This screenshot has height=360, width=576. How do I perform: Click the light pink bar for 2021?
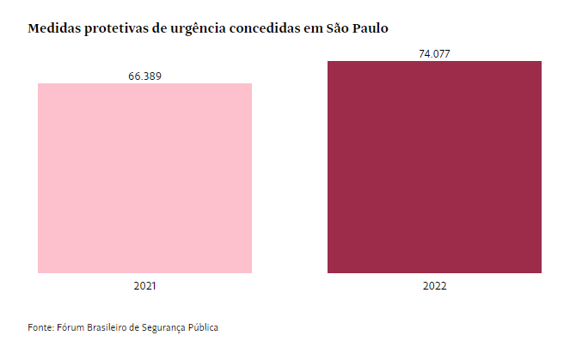pos(145,178)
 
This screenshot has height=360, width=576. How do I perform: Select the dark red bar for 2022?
pos(434,167)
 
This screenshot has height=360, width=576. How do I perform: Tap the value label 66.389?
pos(145,76)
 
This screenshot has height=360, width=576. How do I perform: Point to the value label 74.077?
pos(434,54)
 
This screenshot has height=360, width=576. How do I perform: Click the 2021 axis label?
pos(145,284)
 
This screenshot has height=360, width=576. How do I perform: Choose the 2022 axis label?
pos(434,284)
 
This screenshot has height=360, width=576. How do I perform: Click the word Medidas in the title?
pos(56,29)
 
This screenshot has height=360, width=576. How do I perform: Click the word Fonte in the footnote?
pos(41,328)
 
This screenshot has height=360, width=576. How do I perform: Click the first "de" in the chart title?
pos(172,29)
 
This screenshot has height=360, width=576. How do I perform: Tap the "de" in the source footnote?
pos(141,328)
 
